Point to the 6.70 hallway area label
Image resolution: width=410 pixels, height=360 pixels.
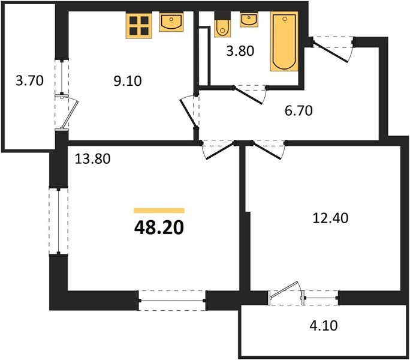299,110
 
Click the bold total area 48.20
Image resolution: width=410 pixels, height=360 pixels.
159,227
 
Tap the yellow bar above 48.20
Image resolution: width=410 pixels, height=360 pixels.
159,211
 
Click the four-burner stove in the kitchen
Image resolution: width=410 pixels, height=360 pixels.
138,25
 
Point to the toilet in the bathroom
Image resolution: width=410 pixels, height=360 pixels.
221,27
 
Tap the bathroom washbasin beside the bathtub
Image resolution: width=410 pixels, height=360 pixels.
249,20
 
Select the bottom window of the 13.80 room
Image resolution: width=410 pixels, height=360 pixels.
172,299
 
